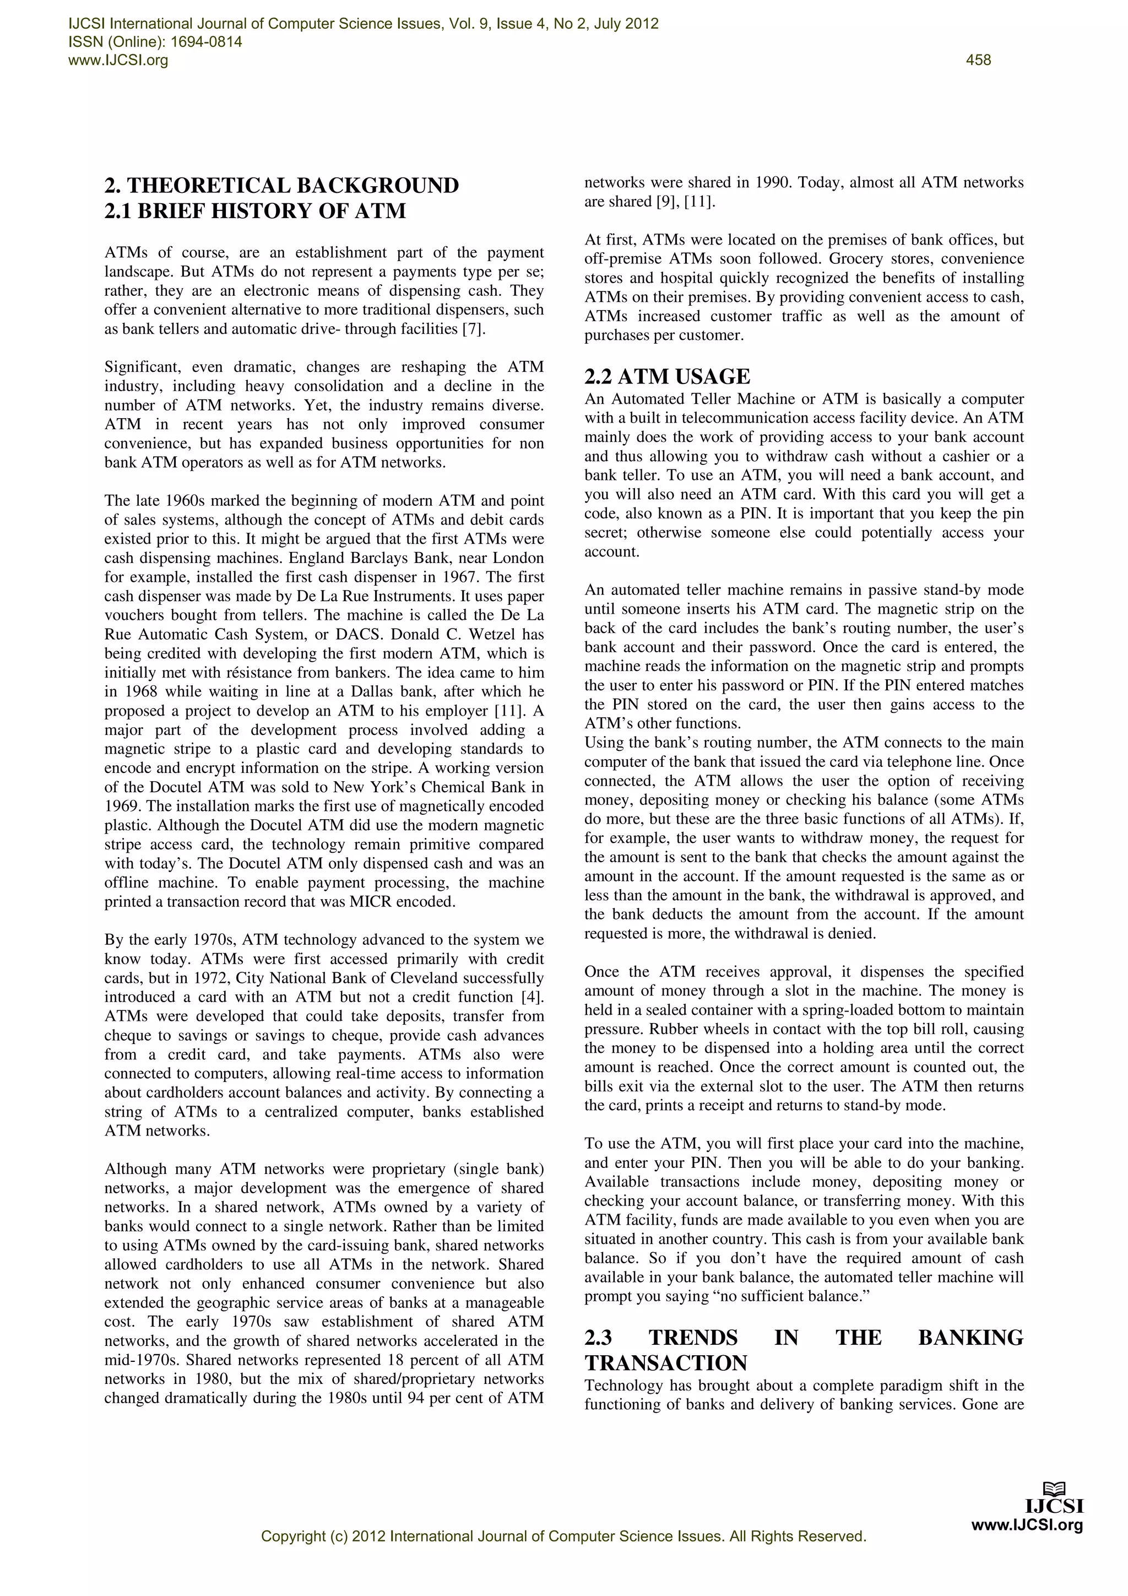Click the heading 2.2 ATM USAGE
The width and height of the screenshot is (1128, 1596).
(x=667, y=377)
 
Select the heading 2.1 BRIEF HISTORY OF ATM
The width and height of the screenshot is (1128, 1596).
(x=255, y=210)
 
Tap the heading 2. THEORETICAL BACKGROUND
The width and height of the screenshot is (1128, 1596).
(x=281, y=186)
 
